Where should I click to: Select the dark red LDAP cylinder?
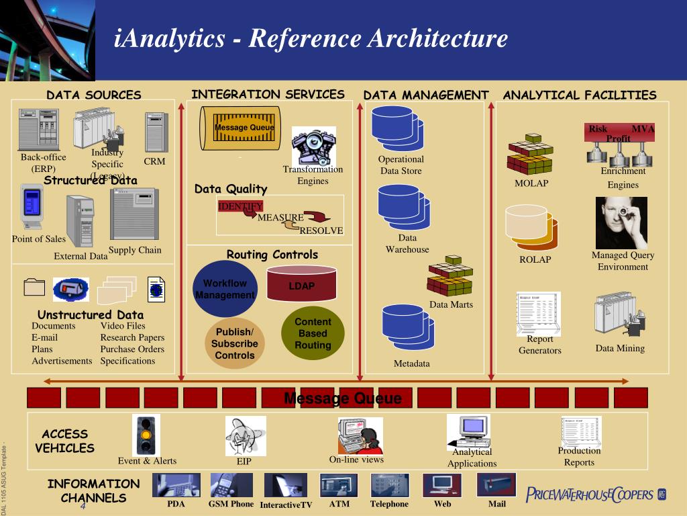click(x=302, y=284)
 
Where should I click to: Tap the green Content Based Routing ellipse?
click(x=313, y=333)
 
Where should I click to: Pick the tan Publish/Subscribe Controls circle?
click(x=235, y=343)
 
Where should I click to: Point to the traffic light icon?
click(x=146, y=435)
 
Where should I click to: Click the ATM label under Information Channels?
click(x=339, y=504)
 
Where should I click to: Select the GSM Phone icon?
click(x=231, y=485)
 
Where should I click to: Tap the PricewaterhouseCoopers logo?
click(x=596, y=495)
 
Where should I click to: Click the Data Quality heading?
click(x=231, y=189)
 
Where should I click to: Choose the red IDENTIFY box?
click(x=240, y=206)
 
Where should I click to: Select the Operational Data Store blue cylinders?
click(x=398, y=129)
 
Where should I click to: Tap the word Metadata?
click(x=411, y=364)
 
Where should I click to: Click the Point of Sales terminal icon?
click(x=32, y=206)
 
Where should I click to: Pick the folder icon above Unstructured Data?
click(x=34, y=288)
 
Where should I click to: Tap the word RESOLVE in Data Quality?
click(x=321, y=230)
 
